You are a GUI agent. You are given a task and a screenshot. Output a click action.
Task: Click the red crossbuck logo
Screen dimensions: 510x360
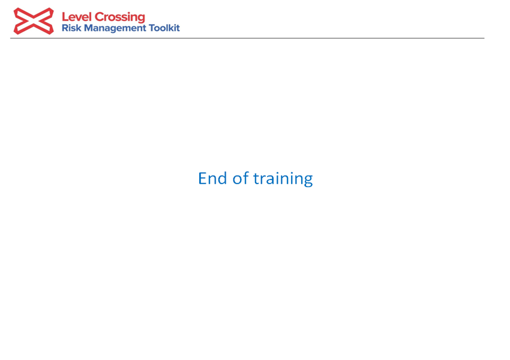34,21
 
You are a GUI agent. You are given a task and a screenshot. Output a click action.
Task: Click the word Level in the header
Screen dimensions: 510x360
77,17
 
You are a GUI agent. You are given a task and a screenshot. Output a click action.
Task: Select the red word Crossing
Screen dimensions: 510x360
119,17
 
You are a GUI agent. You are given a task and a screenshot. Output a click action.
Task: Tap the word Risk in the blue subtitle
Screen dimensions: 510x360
71,28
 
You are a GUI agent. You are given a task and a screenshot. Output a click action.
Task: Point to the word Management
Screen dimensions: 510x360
115,29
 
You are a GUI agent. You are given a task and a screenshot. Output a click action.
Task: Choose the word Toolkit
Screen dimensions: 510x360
164,28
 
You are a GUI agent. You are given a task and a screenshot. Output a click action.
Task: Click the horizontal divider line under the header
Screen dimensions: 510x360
247,38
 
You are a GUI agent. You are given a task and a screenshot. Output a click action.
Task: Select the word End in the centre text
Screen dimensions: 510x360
212,178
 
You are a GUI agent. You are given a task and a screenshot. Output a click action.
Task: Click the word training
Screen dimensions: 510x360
283,179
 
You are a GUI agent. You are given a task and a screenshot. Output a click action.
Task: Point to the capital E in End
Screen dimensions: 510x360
202,179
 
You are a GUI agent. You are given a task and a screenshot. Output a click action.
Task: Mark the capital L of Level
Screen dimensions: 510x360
65,17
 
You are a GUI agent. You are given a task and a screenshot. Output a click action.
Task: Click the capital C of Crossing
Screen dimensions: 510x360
99,17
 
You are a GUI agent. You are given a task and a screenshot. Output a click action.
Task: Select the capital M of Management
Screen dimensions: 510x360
89,28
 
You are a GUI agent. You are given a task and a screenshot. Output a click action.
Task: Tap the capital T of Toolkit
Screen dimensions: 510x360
152,28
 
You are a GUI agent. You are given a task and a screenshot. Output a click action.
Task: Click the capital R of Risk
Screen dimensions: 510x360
65,28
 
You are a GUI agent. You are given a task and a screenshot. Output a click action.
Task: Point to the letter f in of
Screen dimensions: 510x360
246,178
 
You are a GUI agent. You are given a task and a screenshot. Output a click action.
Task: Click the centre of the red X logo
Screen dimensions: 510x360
34,21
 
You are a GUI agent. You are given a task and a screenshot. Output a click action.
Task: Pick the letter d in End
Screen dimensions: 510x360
222,178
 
